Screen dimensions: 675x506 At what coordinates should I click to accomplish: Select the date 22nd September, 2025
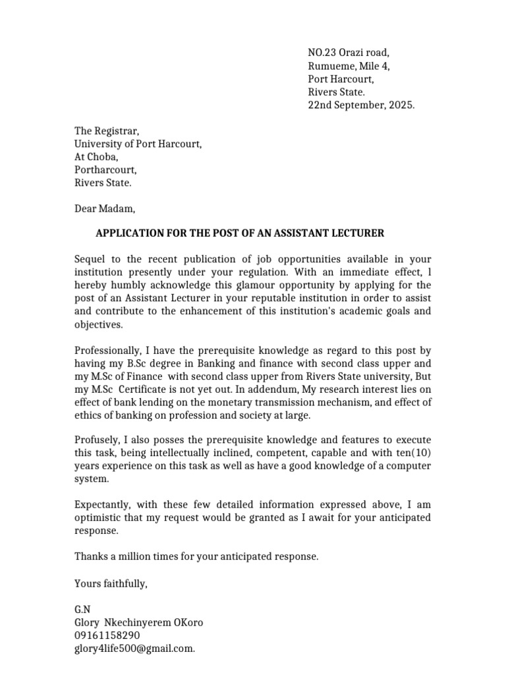point(361,105)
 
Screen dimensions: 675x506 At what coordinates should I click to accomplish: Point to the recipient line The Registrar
point(107,131)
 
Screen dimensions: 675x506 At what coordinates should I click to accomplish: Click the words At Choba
point(96,157)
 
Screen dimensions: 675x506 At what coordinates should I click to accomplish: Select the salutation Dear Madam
point(105,209)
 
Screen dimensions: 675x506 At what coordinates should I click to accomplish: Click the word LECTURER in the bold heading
point(358,233)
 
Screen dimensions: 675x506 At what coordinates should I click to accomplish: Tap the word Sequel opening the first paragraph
point(90,259)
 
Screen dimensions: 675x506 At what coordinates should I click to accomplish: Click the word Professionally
point(105,350)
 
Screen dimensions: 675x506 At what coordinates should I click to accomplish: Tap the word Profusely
point(97,440)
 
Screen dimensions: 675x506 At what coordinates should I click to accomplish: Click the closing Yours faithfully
point(111,583)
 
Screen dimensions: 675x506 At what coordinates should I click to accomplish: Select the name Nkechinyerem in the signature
point(140,623)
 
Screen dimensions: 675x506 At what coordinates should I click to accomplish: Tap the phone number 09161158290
point(107,635)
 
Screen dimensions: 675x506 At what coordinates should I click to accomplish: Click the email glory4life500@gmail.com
point(134,649)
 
